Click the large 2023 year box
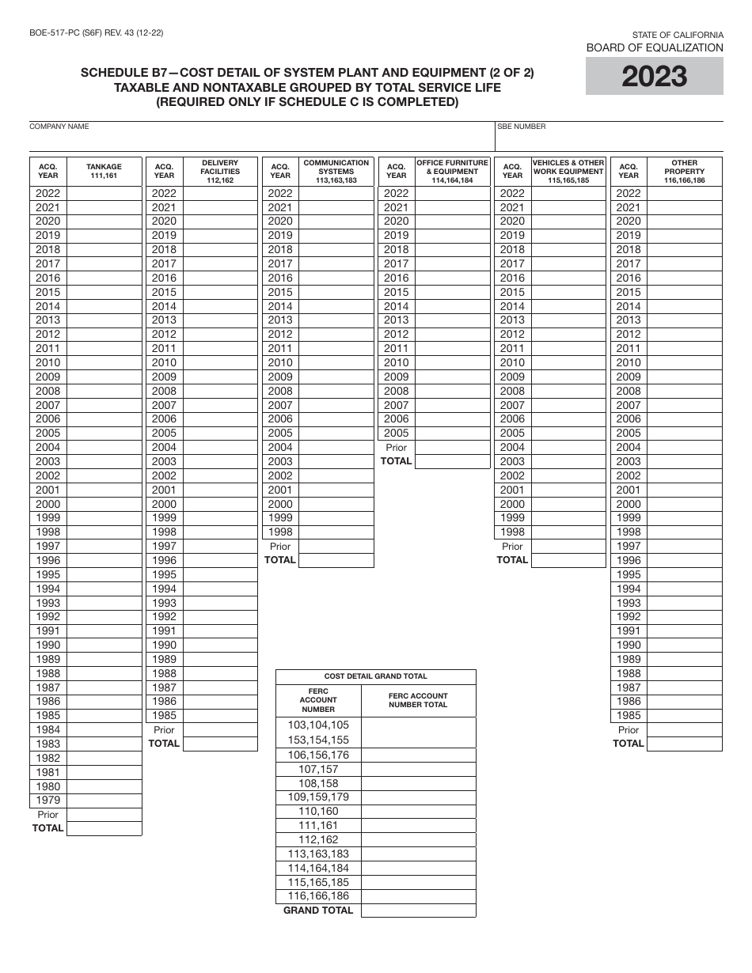tap(654, 77)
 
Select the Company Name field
tap(261, 140)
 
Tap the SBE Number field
tap(609, 140)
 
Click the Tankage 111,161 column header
tap(104, 171)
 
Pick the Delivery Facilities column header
tap(220, 171)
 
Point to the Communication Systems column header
tap(336, 171)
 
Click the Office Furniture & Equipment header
tap(452, 171)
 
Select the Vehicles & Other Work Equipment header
tap(568, 171)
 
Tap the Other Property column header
tap(684, 171)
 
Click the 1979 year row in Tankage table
tap(47, 800)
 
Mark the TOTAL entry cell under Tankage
tap(104, 828)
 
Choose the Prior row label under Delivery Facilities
tap(164, 729)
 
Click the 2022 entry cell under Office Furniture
tap(452, 193)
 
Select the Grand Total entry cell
tap(418, 911)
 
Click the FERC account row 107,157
tap(318, 769)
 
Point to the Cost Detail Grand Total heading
tap(376, 676)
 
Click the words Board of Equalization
tap(654, 47)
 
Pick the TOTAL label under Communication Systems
tap(279, 560)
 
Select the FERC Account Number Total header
tap(418, 700)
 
